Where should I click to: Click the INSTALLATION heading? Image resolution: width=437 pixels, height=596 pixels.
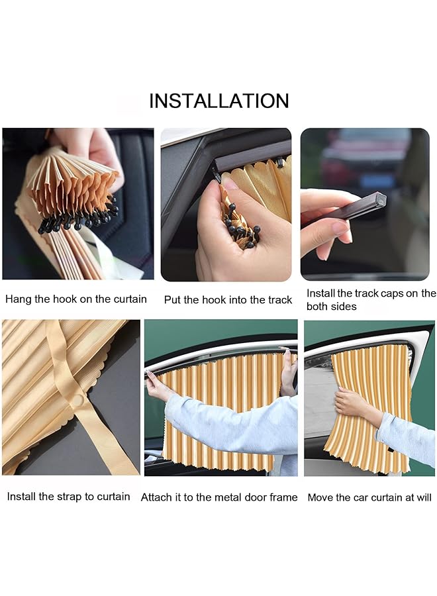tap(219, 101)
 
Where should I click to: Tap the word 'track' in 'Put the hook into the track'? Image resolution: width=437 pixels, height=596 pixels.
tap(279, 300)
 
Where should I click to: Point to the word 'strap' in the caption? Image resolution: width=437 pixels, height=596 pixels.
tap(69, 497)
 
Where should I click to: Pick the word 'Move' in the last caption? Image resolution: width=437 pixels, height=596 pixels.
tap(319, 497)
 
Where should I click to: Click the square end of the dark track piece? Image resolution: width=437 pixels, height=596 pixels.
tap(379, 199)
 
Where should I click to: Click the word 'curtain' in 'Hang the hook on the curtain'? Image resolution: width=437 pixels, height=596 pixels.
tap(130, 299)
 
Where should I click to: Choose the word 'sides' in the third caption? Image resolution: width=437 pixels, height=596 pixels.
tap(344, 307)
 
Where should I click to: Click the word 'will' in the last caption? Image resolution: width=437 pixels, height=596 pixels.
tap(424, 497)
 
